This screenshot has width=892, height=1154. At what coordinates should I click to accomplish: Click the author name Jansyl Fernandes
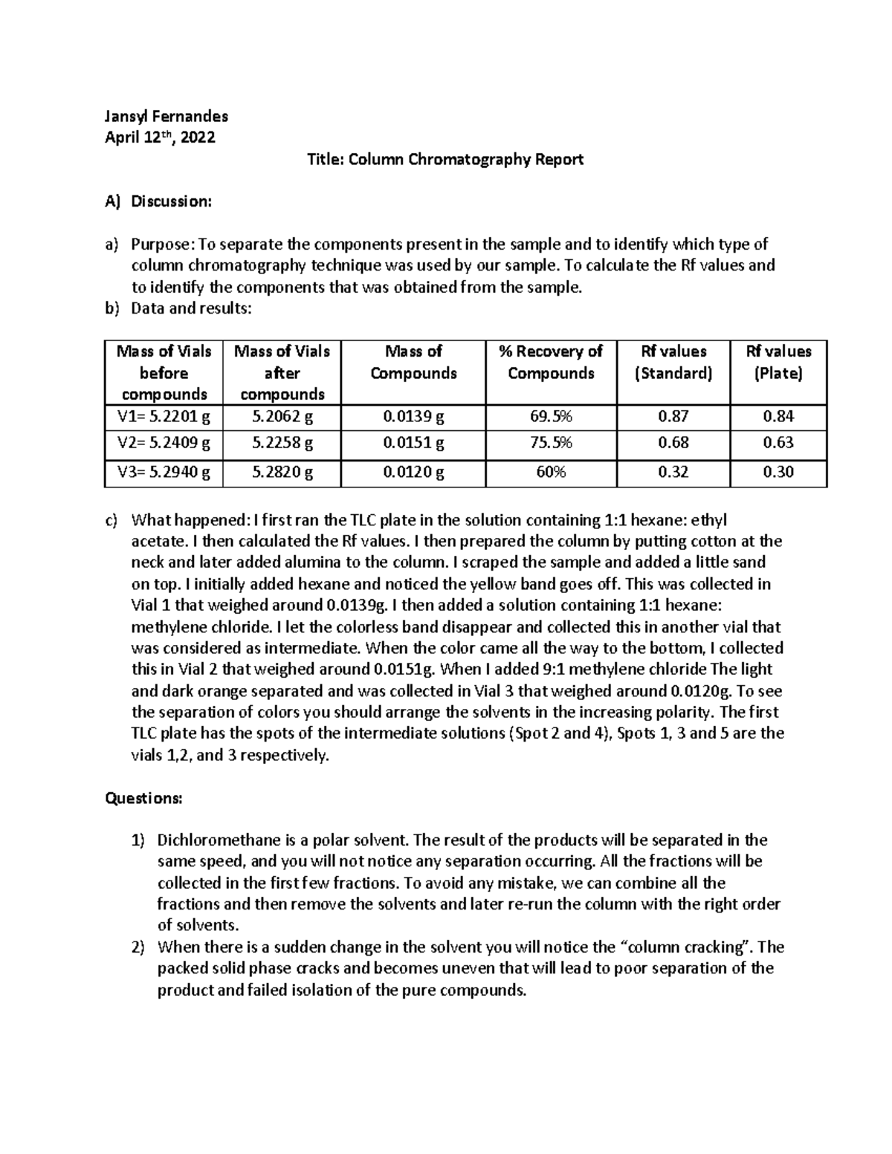[166, 116]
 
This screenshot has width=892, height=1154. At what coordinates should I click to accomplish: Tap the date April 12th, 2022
[160, 137]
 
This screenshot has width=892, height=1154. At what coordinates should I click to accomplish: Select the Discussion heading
[171, 201]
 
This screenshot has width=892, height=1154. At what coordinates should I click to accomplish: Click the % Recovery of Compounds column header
[551, 362]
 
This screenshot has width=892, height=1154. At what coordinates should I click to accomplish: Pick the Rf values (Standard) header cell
[673, 362]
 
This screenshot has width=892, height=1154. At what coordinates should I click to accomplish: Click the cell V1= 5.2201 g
[164, 416]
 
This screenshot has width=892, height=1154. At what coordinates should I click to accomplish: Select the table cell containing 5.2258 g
[282, 444]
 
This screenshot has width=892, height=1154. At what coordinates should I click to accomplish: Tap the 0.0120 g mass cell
[413, 472]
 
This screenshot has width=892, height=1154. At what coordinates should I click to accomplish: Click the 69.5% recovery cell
[551, 416]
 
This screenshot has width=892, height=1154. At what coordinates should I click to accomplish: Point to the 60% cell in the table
[551, 472]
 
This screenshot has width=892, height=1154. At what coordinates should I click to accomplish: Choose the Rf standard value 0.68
[673, 444]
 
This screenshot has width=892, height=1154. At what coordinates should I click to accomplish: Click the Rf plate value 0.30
[778, 472]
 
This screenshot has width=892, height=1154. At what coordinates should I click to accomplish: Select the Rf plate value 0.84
[778, 416]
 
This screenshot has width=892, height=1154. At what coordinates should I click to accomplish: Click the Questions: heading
[143, 798]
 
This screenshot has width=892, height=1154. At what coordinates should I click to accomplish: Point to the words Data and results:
[191, 308]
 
